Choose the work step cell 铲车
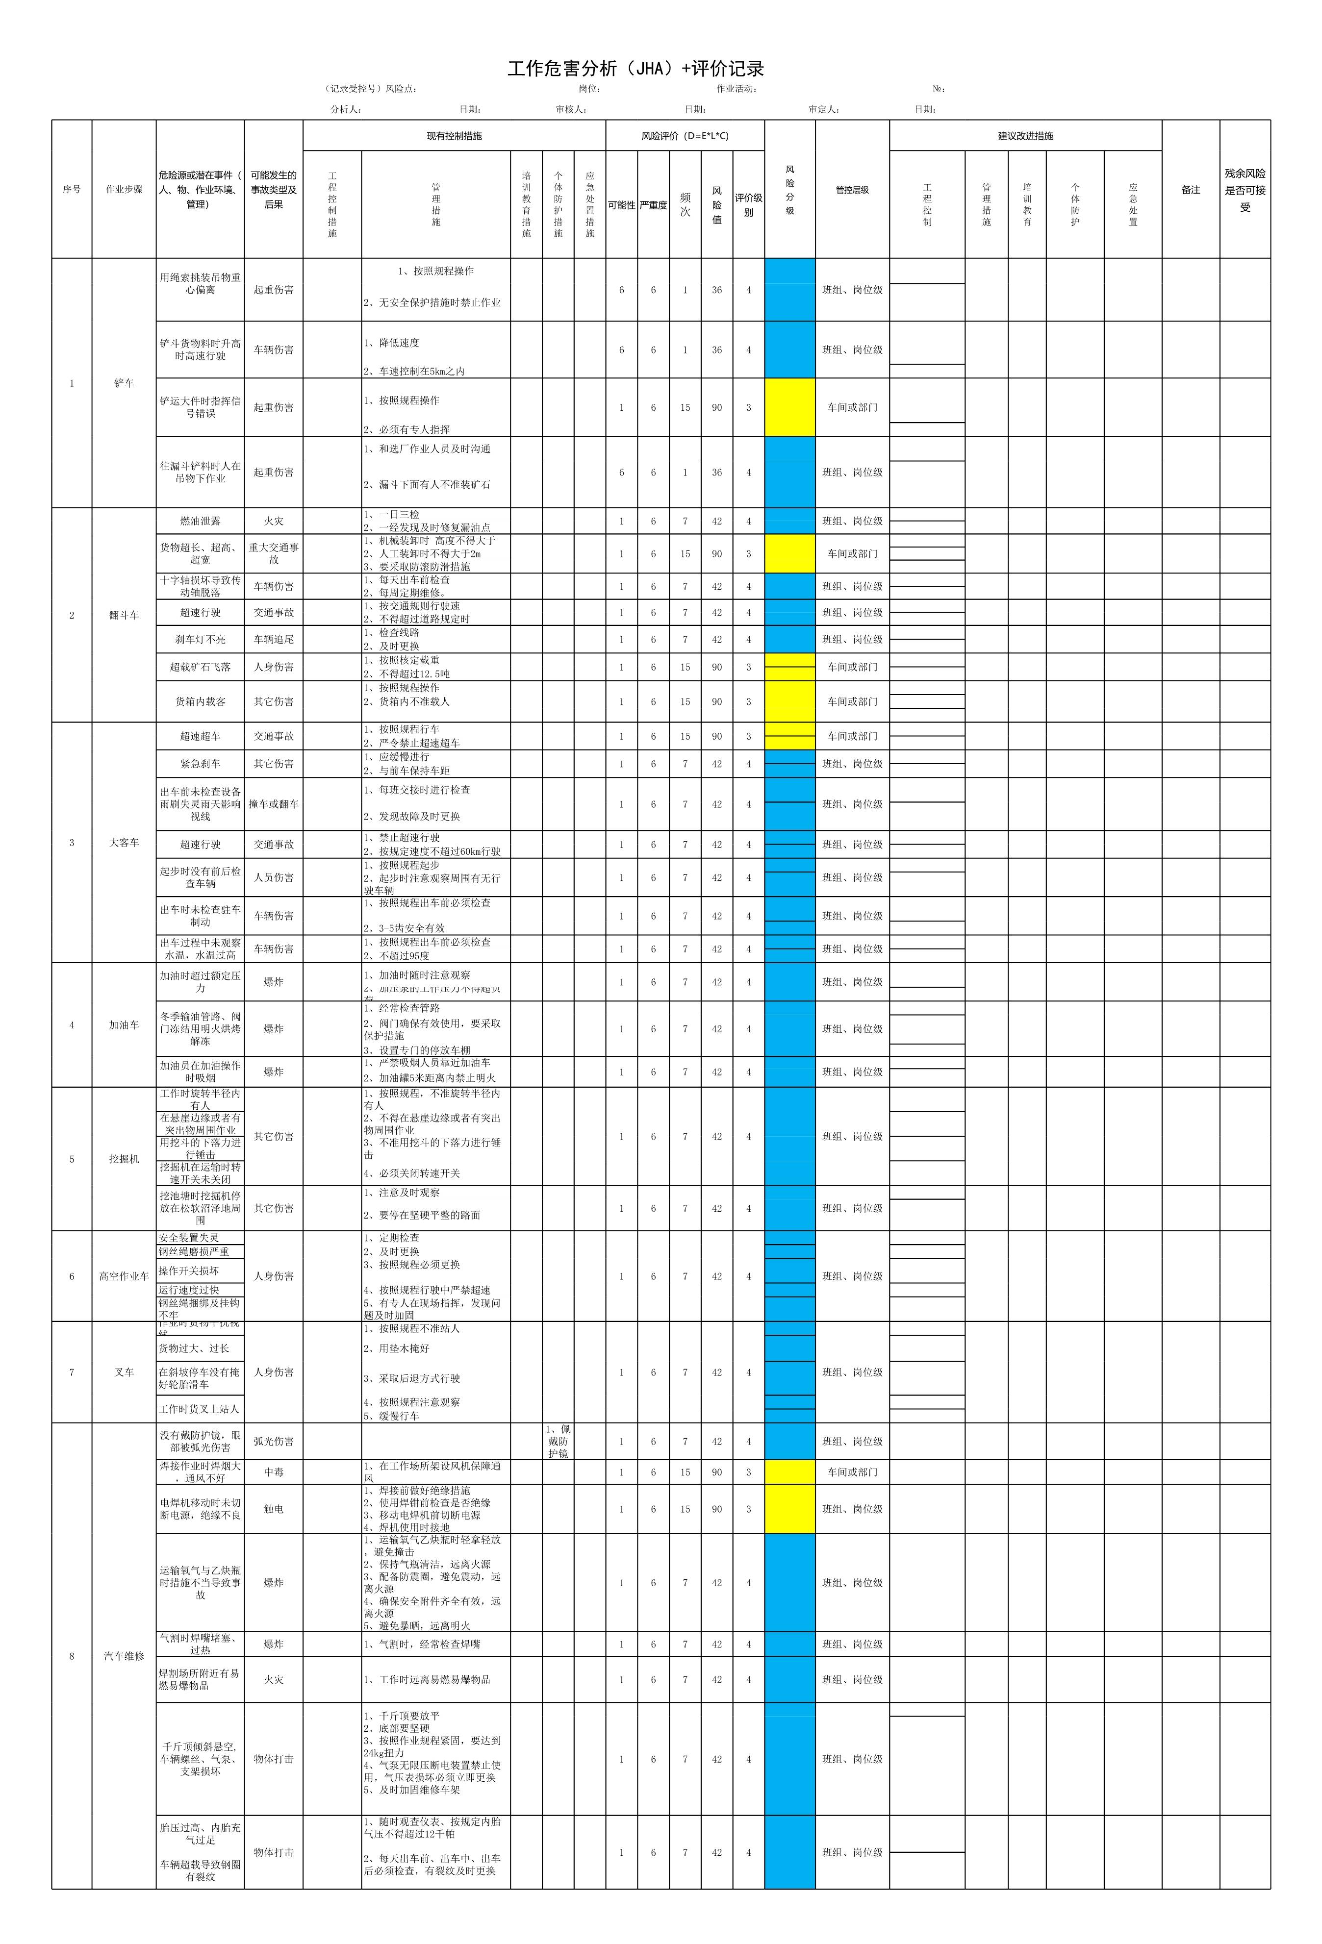(124, 383)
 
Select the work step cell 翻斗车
(124, 615)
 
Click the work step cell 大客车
(124, 842)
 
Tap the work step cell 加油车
(124, 1025)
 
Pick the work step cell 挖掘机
(124, 1159)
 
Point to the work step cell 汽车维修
(124, 1655)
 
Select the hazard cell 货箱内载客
(200, 701)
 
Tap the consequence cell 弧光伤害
(274, 1441)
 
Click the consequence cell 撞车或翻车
(274, 804)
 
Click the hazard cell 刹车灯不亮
(200, 639)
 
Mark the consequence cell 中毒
(274, 1472)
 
